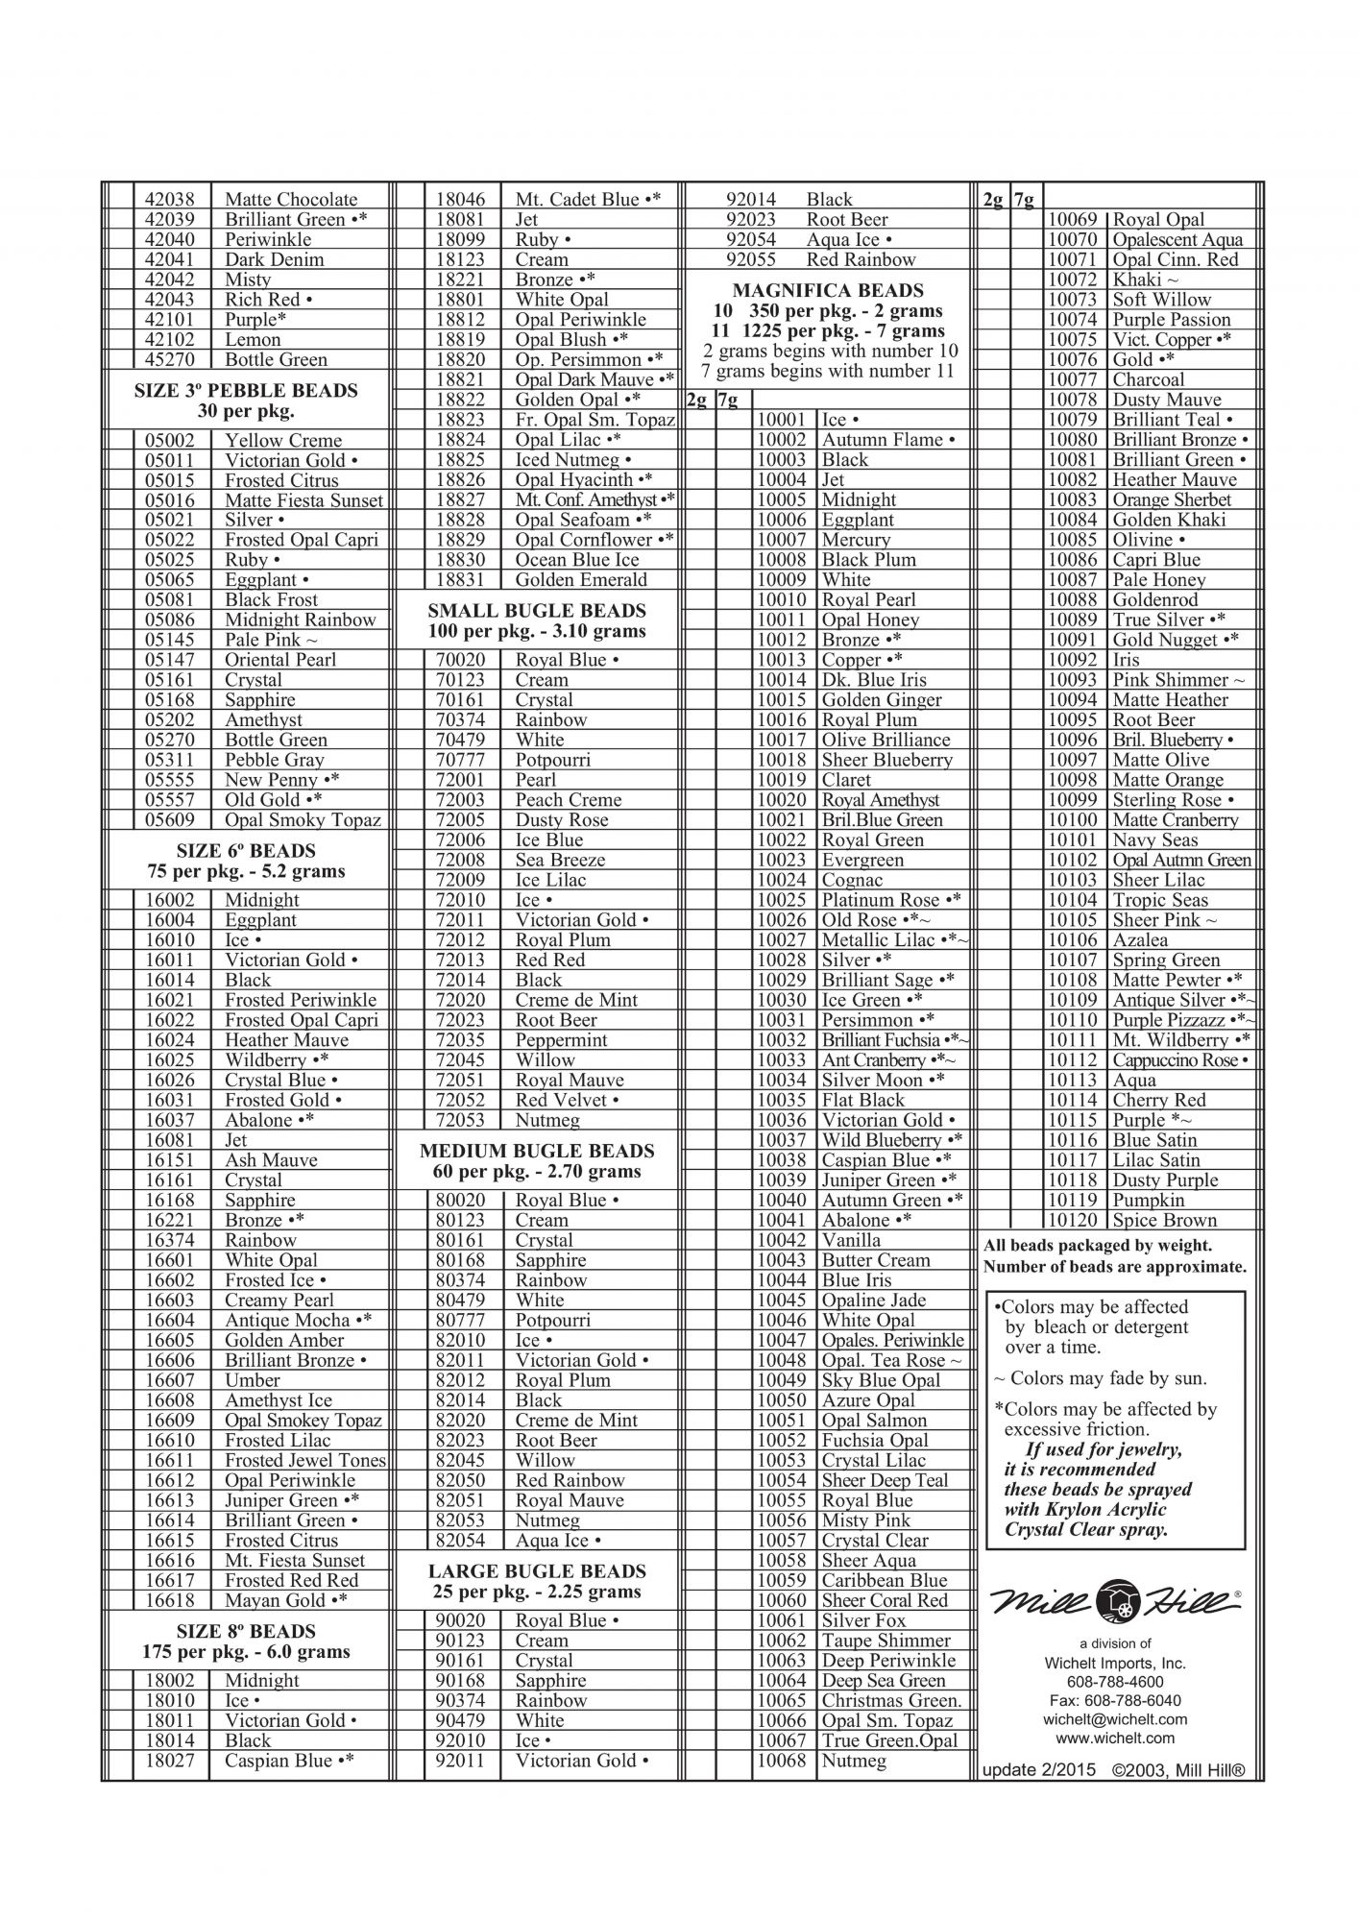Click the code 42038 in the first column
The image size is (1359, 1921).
point(169,200)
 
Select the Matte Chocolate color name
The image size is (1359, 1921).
point(290,200)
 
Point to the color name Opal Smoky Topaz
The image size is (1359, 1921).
point(303,820)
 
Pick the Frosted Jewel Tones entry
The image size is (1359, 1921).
point(304,1461)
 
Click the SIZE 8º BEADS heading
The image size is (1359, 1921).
point(246,1632)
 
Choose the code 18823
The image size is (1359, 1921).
point(460,420)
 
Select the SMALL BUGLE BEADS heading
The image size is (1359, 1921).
point(536,611)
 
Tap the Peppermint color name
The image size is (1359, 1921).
point(561,1040)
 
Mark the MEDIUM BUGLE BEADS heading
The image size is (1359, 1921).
point(536,1151)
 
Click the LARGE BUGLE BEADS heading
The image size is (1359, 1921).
point(536,1571)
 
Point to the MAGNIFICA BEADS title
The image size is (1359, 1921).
point(827,290)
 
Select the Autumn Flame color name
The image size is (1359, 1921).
point(887,440)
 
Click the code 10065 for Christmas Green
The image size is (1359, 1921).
point(781,1701)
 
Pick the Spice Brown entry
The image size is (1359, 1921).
point(1164,1221)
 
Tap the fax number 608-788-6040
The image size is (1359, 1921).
point(1114,1700)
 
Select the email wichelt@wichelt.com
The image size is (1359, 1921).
point(1114,1719)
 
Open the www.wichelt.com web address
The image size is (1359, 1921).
point(1114,1738)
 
